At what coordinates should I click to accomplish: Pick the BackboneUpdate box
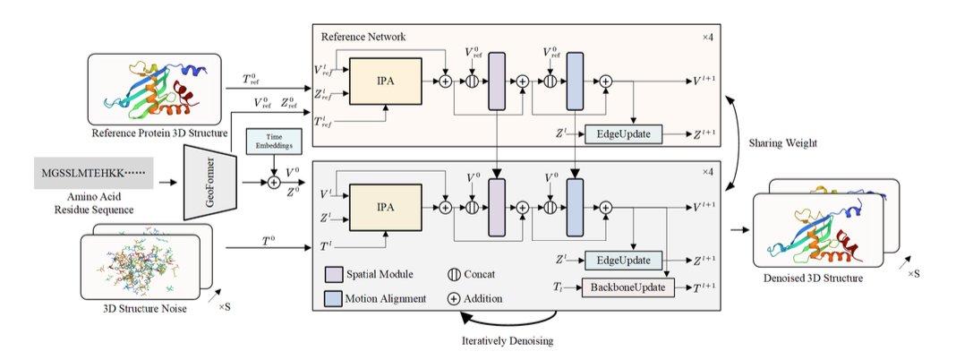click(x=626, y=287)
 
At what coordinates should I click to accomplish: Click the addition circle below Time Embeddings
click(x=273, y=182)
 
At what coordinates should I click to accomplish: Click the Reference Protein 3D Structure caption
click(x=155, y=135)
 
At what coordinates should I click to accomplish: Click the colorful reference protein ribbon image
click(x=156, y=90)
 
